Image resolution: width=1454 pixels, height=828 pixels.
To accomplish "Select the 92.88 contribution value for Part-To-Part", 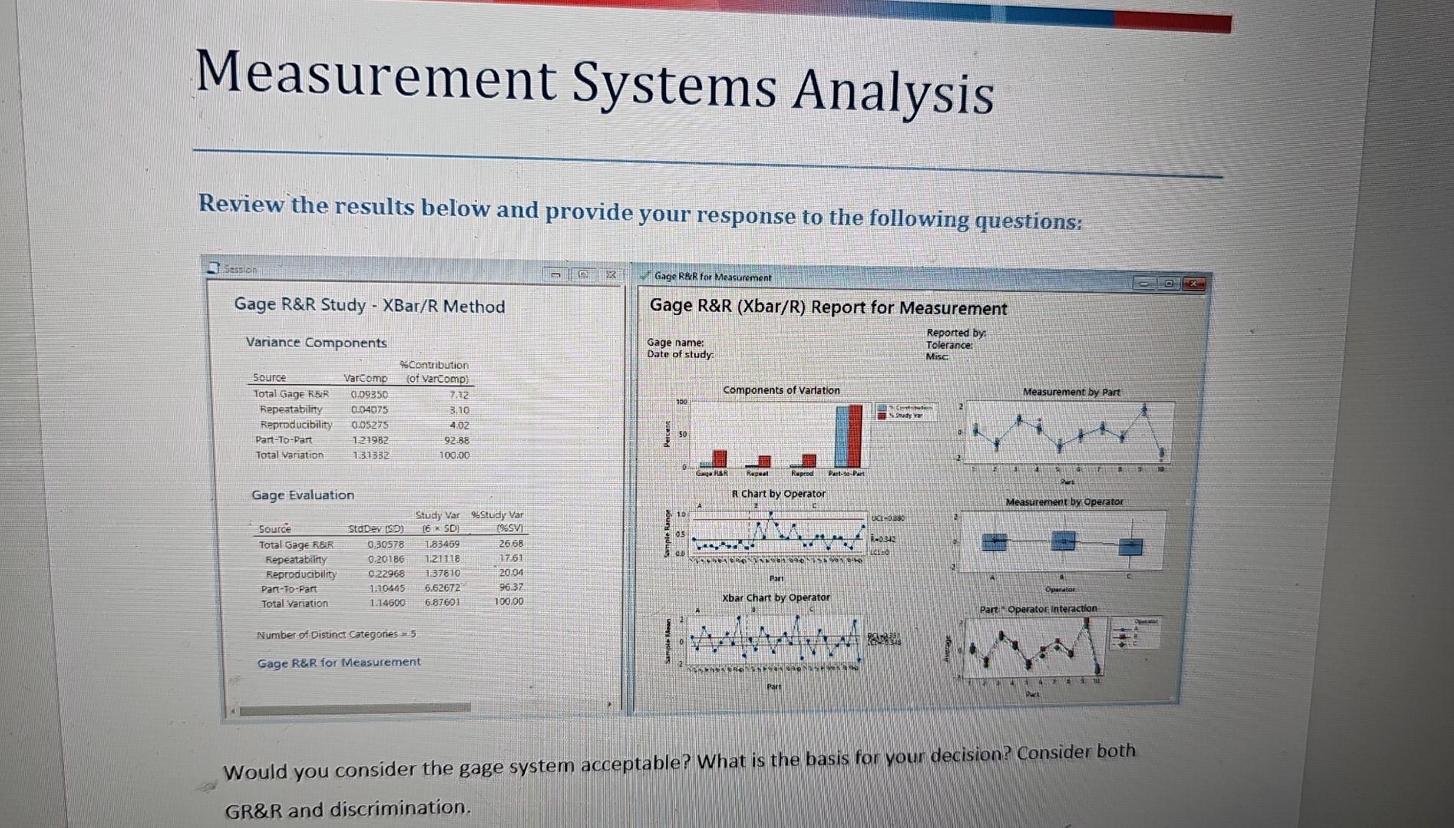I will (457, 441).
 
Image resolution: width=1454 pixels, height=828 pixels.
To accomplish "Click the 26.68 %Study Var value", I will (511, 544).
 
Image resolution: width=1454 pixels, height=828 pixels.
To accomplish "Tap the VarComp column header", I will (366, 378).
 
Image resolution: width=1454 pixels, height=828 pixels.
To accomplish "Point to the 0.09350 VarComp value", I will (369, 394).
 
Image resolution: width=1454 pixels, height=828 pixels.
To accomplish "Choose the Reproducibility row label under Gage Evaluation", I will (300, 574).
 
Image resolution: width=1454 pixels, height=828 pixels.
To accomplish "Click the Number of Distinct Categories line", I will (336, 635).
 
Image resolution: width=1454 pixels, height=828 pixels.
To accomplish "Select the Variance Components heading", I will (316, 343).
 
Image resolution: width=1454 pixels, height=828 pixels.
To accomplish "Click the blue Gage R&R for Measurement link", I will (339, 662).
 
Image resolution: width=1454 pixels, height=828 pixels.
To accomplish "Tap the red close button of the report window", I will (1193, 284).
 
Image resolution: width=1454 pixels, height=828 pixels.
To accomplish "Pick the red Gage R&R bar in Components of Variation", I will (720, 458).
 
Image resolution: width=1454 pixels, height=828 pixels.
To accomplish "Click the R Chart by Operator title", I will (778, 494).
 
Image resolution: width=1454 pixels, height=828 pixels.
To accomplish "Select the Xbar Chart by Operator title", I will (776, 597).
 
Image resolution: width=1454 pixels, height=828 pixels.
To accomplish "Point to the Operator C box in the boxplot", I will (1130, 547).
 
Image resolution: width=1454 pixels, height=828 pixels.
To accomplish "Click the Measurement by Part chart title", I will (1071, 392).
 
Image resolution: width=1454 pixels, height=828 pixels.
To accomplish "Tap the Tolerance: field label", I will (949, 345).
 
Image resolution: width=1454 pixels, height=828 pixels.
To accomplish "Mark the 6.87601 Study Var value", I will (442, 603).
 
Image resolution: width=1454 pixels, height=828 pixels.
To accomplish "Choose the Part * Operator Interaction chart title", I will (1038, 609).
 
